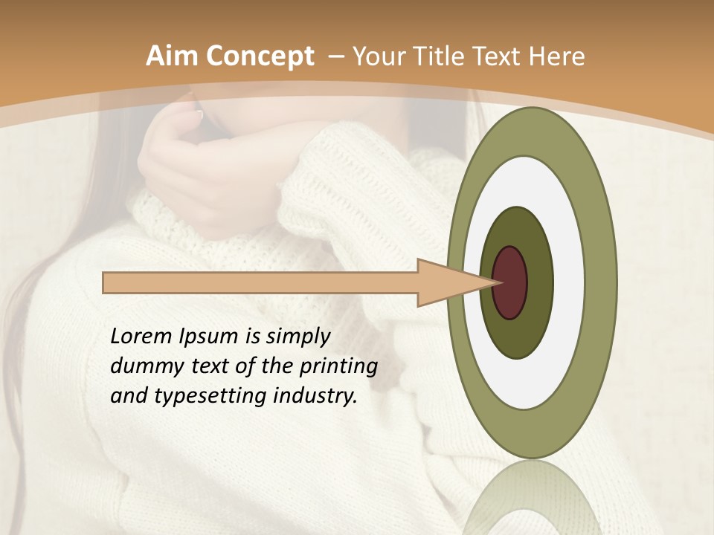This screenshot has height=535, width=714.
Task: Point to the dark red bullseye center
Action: [x=510, y=282]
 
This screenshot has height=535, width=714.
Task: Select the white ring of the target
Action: [x=569, y=282]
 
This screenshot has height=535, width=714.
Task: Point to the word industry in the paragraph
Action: [x=315, y=397]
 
